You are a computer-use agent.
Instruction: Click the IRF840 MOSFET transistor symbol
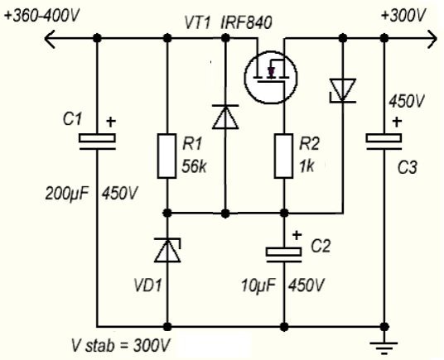pos(270,77)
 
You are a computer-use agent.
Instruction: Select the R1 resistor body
pos(167,156)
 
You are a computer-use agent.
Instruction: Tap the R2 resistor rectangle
pos(284,156)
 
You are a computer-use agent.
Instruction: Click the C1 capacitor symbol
pos(97,142)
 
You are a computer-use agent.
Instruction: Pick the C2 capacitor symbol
pos(284,255)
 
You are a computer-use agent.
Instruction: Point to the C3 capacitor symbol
pos(384,142)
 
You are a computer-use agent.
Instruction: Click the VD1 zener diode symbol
pos(167,250)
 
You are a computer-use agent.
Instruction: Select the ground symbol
pos(384,348)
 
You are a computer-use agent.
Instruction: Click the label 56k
pos(194,166)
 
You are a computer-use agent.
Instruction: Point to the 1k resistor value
pos(306,166)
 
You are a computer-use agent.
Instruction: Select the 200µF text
pos(67,194)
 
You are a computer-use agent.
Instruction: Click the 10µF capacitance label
pos(258,286)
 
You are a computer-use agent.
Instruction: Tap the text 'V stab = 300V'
pos(121,345)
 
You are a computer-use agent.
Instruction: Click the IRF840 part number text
pos(246,22)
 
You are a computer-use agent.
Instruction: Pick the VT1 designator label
pos(197,22)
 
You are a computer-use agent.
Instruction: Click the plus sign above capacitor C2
pos(297,235)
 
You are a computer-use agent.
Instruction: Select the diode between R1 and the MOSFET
pos(225,117)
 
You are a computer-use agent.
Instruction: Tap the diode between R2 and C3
pos(343,90)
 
